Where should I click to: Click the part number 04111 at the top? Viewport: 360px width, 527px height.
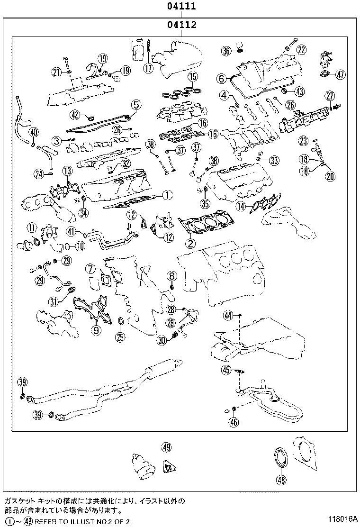click(180, 7)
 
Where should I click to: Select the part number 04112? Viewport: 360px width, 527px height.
click(180, 24)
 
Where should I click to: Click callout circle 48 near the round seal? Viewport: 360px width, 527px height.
click(282, 480)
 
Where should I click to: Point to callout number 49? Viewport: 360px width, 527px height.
click(166, 446)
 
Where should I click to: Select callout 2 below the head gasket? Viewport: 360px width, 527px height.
click(190, 244)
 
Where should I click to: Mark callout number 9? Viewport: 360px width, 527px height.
click(96, 330)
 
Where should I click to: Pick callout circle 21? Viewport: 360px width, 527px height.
click(57, 72)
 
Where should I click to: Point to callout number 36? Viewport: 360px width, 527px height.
click(226, 51)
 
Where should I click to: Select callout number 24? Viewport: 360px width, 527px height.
click(39, 174)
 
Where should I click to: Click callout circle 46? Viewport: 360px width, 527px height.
click(233, 422)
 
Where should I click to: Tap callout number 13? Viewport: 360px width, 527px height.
click(67, 170)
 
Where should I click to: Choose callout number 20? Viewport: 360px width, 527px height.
click(330, 176)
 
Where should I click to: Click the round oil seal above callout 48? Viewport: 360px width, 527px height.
click(282, 457)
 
